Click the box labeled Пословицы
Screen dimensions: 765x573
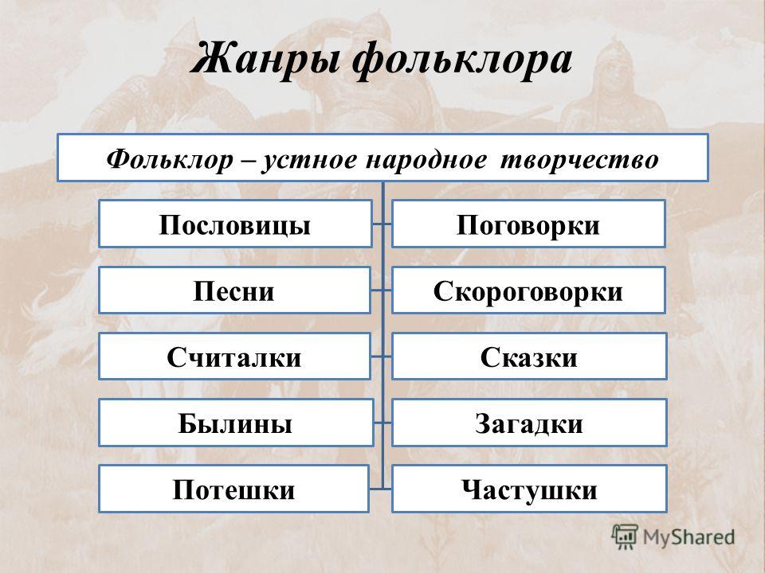coord(235,224)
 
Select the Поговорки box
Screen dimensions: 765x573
coord(528,224)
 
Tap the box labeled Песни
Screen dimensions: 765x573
coord(234,290)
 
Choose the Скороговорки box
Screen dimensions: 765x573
coord(528,290)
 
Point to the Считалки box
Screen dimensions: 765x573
coord(234,357)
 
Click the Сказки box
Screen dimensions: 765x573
coord(529,357)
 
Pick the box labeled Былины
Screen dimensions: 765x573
coord(236,423)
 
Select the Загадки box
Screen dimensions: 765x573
coord(529,423)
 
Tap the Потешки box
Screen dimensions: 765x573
coord(233,489)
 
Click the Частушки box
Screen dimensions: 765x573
coord(529,489)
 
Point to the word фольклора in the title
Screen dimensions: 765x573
coord(462,60)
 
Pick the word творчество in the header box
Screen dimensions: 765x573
coord(579,160)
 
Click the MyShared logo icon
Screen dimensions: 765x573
coord(625,537)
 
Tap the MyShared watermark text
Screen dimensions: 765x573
coord(688,537)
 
